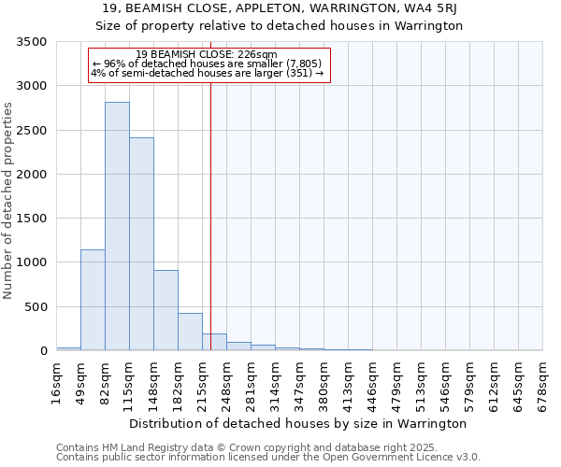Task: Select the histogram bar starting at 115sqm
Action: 141,244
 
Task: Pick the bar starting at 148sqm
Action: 165,310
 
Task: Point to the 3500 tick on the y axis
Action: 32,43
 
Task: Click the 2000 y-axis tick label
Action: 32,175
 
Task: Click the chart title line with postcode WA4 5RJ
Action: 280,9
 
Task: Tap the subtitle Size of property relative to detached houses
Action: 280,26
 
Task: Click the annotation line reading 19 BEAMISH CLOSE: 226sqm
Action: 206,54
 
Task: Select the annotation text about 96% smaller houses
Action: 207,64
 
